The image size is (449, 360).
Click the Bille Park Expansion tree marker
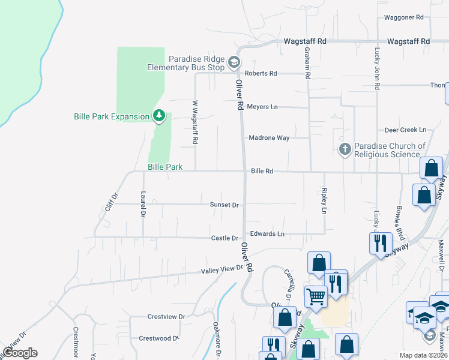tap(158, 115)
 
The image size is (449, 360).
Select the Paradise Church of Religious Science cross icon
tap(345, 149)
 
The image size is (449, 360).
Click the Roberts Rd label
tap(264, 73)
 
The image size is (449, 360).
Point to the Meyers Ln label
tap(262, 107)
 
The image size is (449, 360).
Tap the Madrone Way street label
tap(269, 138)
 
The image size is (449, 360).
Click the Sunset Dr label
tap(224, 205)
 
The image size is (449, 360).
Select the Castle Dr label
tap(225, 238)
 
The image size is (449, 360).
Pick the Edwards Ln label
tap(267, 233)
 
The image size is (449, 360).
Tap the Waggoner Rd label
tap(403, 17)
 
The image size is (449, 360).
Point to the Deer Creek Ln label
tap(405, 130)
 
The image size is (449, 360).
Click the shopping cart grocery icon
tap(316, 295)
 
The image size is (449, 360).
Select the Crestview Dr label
tap(166, 316)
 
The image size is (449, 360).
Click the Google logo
tap(20, 353)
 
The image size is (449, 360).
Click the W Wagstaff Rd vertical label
tap(194, 122)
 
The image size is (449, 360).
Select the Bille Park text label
tap(165, 167)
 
